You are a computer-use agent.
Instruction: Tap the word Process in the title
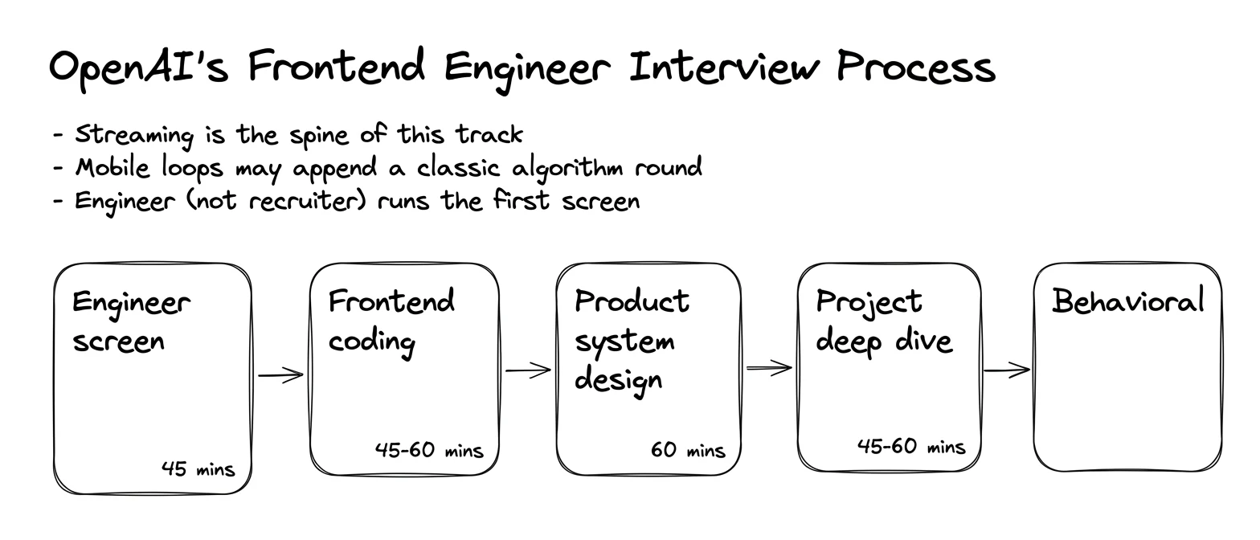(x=916, y=67)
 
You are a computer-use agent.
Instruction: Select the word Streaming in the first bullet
(x=134, y=136)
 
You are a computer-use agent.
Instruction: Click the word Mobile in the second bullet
(x=112, y=168)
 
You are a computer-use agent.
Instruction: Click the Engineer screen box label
(x=131, y=322)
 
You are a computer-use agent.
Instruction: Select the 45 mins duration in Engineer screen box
(x=198, y=468)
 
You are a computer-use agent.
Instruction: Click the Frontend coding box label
(x=391, y=321)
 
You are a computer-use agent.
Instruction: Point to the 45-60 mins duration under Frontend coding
(x=429, y=450)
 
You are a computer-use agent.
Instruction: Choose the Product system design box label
(x=632, y=342)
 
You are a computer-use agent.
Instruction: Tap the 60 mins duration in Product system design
(x=688, y=450)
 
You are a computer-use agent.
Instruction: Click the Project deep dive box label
(x=884, y=321)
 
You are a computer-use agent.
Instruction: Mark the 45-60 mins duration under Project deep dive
(x=911, y=447)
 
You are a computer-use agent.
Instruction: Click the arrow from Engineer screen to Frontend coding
(x=280, y=374)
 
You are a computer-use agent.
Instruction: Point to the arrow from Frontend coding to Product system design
(x=528, y=370)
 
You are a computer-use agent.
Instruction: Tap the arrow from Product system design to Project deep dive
(x=769, y=368)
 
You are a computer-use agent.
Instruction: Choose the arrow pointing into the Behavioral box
(x=1007, y=370)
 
